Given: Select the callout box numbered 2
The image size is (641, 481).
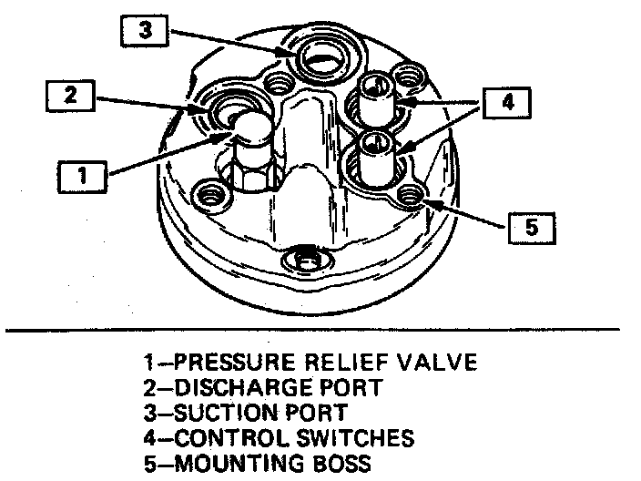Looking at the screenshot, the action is click(x=69, y=95).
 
